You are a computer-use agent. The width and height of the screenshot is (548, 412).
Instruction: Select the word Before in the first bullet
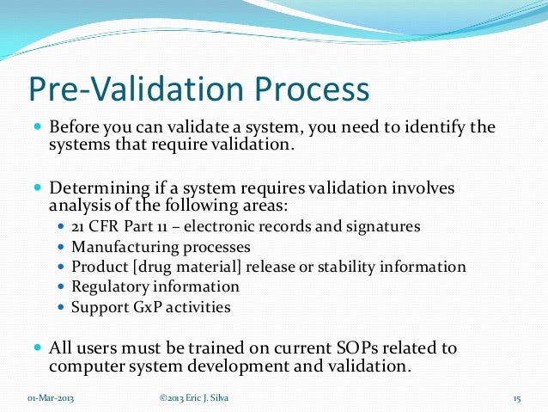click(76, 128)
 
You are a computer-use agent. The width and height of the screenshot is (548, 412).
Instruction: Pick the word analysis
click(78, 206)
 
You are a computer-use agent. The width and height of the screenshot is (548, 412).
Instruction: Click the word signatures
click(384, 227)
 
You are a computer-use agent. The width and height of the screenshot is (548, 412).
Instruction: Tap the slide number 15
click(517, 398)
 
